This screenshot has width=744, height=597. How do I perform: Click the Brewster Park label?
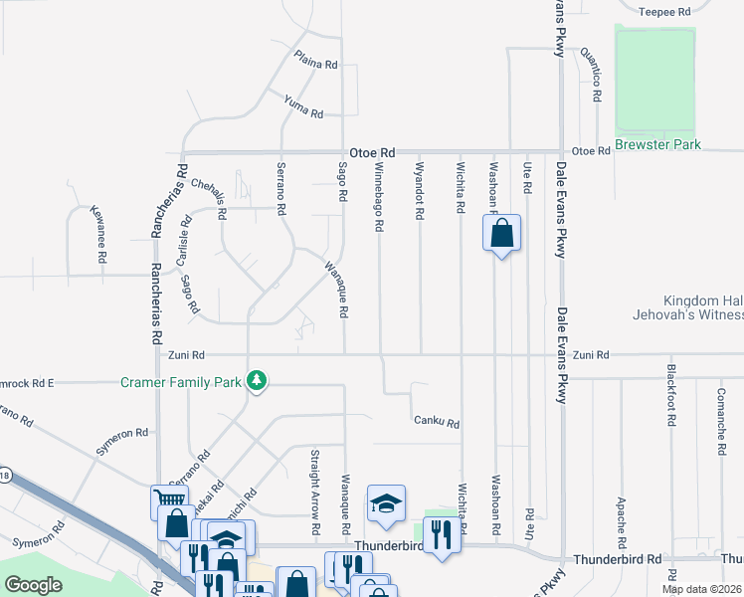coord(657,145)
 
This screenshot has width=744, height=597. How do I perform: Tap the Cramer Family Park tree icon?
coord(257,381)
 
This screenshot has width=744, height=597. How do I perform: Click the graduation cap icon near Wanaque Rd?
coord(386,503)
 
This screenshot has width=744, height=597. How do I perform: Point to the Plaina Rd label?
coord(316,60)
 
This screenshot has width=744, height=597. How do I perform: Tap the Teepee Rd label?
coord(663,12)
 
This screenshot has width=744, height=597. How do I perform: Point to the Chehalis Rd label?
coord(209,199)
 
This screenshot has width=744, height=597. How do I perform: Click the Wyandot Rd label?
coord(420,191)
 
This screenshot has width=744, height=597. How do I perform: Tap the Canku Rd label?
coord(437,423)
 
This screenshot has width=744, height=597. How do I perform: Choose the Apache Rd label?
coord(620,516)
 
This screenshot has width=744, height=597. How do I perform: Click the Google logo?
coord(33,585)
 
